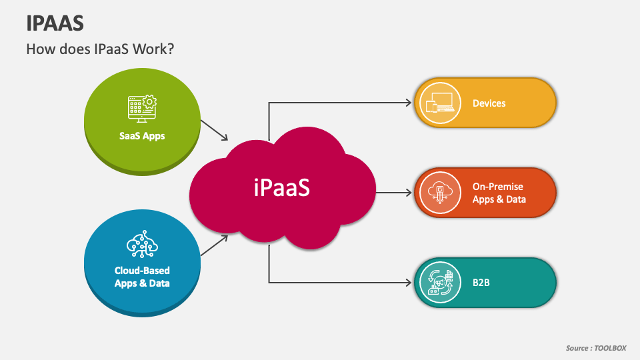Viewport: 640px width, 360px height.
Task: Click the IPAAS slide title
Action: point(55,23)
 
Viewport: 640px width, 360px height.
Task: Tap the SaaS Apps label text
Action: point(142,136)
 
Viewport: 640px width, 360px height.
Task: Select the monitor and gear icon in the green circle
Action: point(141,109)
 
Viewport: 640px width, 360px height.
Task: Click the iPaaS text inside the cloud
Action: point(282,189)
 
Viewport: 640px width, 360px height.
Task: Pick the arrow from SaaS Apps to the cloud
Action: point(215,131)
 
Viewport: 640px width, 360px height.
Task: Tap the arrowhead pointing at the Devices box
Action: point(408,103)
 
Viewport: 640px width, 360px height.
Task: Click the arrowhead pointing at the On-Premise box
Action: point(408,193)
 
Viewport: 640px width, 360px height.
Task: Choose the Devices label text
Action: point(489,103)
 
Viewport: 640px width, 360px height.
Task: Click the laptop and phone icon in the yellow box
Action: point(440,103)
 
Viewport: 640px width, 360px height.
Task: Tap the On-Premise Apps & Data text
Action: point(499,193)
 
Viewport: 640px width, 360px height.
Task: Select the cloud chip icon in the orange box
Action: point(440,193)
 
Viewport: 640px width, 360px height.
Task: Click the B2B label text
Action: point(481,283)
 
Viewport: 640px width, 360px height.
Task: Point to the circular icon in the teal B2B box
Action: point(440,283)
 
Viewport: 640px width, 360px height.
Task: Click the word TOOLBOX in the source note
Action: point(611,348)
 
